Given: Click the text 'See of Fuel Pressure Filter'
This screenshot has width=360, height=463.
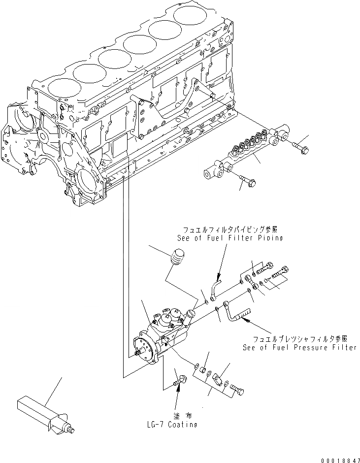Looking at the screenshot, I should pos(299,347).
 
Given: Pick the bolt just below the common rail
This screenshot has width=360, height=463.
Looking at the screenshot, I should pos(247,181).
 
